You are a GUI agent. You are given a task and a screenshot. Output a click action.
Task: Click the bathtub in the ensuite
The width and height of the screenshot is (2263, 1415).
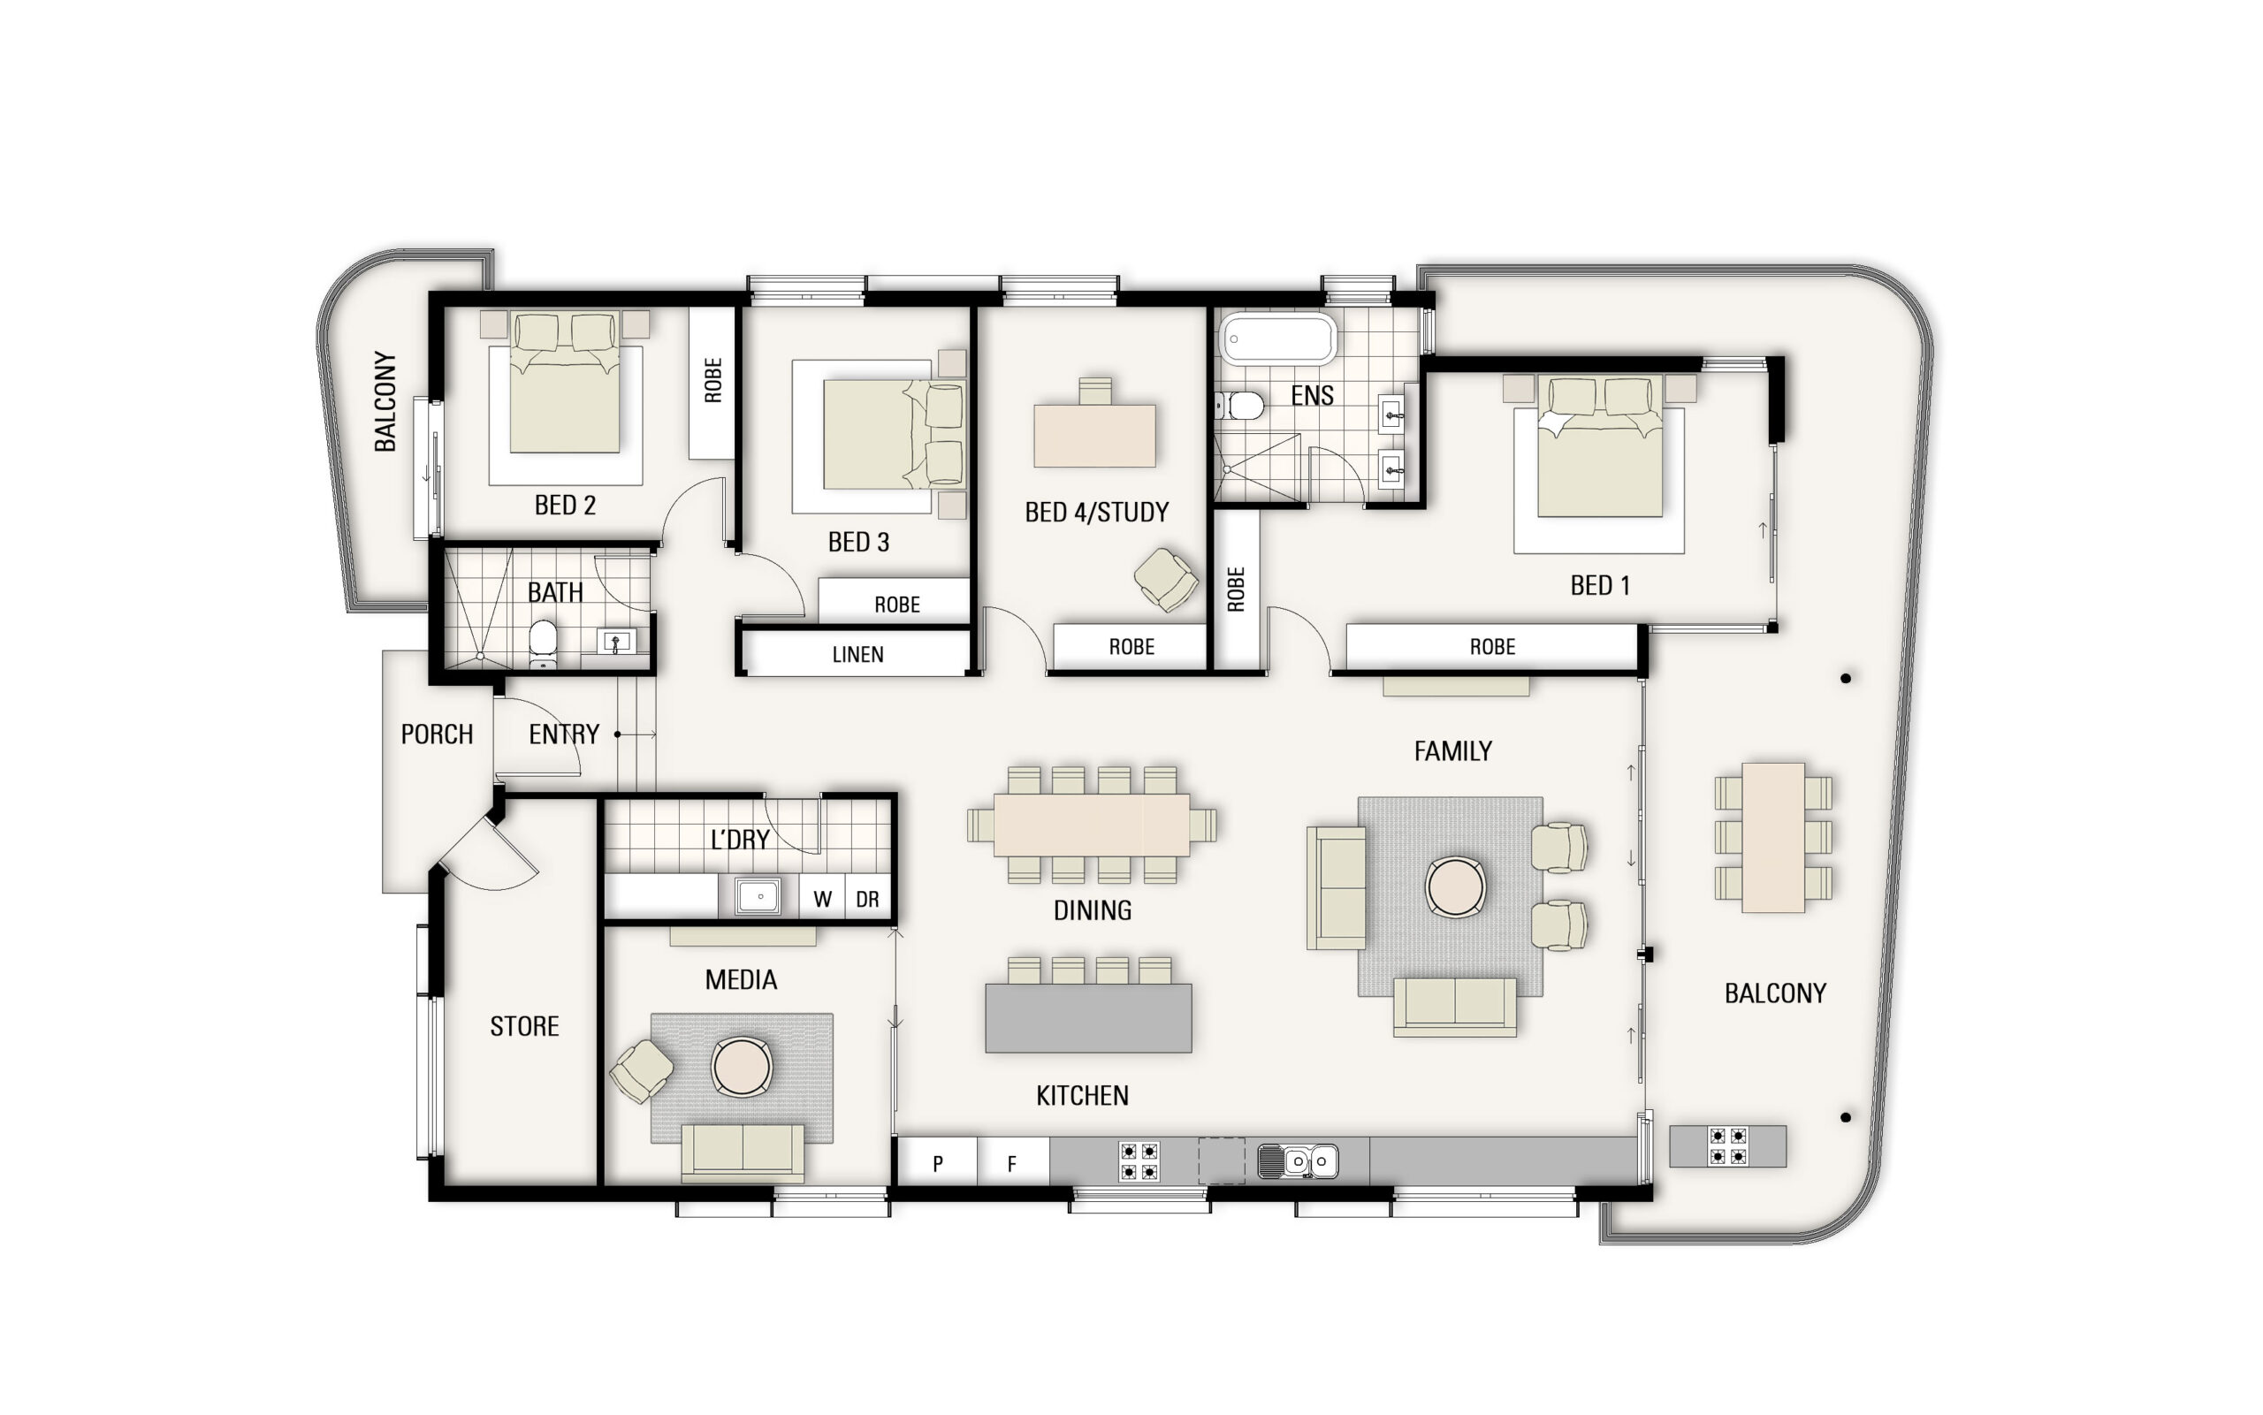[1277, 339]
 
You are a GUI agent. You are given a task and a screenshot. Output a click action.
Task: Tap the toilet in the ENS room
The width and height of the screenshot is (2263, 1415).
[1242, 405]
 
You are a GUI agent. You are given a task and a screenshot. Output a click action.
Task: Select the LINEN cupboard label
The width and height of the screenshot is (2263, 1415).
[857, 654]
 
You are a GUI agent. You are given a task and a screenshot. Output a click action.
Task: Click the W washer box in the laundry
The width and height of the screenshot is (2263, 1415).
[822, 899]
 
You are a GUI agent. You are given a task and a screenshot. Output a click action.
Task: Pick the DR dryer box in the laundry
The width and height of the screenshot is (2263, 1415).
[867, 899]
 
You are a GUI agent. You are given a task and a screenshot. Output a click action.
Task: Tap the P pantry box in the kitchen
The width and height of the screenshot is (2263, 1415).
[937, 1163]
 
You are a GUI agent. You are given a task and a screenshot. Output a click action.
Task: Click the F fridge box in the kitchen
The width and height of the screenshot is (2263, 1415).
[1011, 1163]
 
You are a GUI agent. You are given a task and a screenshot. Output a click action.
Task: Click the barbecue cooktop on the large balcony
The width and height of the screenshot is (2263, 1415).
[1726, 1145]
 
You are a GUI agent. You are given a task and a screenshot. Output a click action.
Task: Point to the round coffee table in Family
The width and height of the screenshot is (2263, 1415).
[1454, 886]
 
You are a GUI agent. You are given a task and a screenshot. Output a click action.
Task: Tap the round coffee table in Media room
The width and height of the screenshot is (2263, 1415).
[742, 1067]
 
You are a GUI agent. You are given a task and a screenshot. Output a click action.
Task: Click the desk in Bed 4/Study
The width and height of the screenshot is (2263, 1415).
[1094, 435]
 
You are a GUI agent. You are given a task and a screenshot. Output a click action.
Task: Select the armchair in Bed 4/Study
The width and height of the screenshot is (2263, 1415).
[1165, 579]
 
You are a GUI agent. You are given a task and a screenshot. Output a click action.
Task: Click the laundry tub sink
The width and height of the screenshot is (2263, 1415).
[759, 895]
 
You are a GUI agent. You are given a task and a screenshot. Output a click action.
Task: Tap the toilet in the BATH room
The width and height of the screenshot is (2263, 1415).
[543, 642]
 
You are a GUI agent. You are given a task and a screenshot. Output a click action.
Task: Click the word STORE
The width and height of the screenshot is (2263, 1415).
[524, 1026]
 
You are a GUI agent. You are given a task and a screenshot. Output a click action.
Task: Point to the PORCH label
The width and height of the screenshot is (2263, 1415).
[436, 734]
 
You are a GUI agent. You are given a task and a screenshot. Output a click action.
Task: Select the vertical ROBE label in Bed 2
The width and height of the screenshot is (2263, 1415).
[712, 380]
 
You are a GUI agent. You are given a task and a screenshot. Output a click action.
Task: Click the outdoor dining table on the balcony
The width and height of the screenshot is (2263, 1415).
[1772, 838]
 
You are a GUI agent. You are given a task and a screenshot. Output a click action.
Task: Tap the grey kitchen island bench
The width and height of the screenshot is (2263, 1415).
[1087, 1017]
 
